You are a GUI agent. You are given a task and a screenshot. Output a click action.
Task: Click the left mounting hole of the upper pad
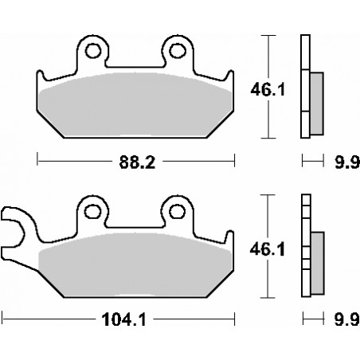tap(94, 53)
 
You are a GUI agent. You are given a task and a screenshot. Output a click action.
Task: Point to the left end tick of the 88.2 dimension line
tap(39, 162)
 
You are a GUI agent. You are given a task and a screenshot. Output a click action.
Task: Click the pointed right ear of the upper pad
tap(229, 82)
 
